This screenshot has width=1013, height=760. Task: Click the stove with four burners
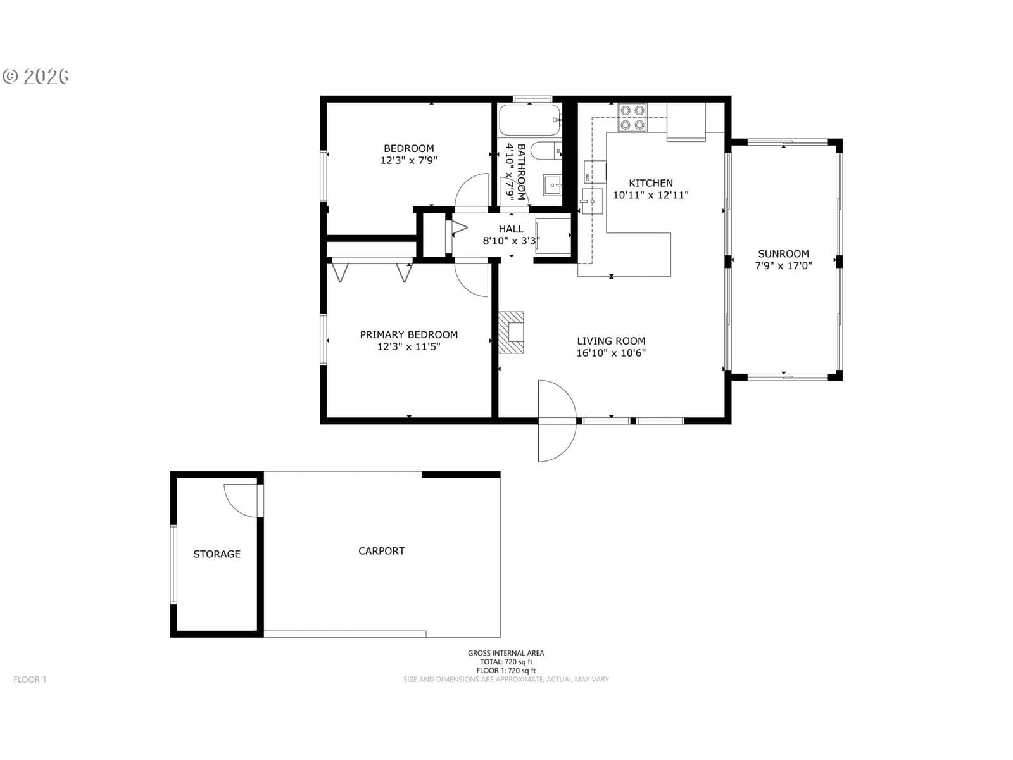(x=632, y=117)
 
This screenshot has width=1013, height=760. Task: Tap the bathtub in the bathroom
(x=531, y=120)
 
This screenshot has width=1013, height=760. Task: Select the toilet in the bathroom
(x=546, y=151)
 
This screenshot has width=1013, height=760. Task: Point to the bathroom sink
(x=552, y=185)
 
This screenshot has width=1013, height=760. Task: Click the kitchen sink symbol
(x=592, y=201)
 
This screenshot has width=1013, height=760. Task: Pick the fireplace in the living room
(x=512, y=332)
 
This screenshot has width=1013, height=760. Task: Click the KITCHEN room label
(x=651, y=183)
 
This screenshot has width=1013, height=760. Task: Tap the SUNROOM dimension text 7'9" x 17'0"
(x=783, y=265)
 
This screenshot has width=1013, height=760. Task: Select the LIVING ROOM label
(x=611, y=341)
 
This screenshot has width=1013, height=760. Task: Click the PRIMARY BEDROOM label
(x=409, y=334)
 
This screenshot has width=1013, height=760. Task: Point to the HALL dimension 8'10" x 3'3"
(x=512, y=241)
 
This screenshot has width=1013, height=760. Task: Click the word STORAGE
(x=217, y=554)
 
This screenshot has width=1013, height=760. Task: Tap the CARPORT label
(x=382, y=550)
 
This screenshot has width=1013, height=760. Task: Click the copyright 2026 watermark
(x=36, y=76)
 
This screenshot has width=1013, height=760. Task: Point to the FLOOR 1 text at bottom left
(x=30, y=679)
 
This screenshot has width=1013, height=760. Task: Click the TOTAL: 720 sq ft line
(x=507, y=662)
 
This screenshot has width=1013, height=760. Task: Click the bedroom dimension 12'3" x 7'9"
(x=409, y=161)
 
